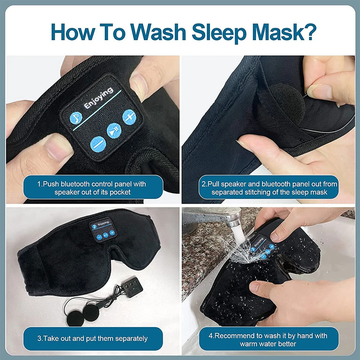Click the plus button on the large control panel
[129, 116]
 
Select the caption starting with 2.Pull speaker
[269, 188]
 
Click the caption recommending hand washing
[269, 339]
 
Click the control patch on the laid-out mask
[103, 230]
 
